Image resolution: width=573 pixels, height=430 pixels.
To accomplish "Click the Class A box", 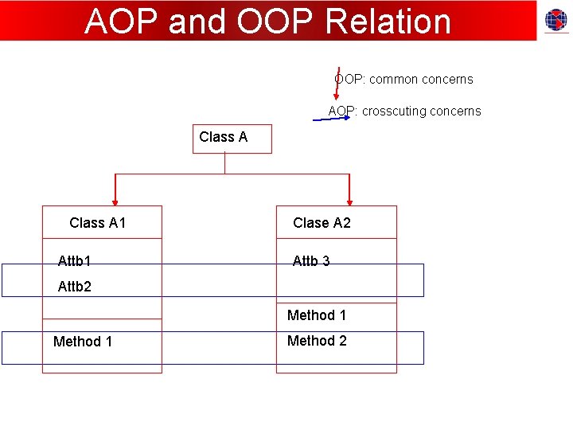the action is [x=232, y=139].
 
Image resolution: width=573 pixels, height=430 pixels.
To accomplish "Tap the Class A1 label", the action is [x=98, y=223].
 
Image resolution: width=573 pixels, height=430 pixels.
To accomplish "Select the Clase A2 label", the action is [x=322, y=223].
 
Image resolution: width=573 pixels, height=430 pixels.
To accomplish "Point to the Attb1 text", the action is [x=75, y=260].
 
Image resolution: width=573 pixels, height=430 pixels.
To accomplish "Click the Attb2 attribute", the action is [x=75, y=287].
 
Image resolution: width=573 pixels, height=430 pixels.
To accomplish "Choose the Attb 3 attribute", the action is [x=311, y=260].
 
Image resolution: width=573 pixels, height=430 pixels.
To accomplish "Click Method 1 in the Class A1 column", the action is [x=83, y=342].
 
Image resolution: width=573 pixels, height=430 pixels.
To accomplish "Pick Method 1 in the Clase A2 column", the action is [x=317, y=315].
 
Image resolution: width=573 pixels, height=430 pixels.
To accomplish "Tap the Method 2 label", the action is [x=317, y=341].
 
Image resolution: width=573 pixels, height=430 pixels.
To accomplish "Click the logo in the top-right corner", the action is [x=555, y=21].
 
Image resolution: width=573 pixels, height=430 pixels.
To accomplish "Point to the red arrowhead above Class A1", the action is [x=115, y=200].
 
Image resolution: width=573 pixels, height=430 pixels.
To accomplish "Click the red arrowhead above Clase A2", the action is [x=349, y=200].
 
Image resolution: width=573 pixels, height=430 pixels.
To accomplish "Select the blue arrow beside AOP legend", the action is [x=330, y=118].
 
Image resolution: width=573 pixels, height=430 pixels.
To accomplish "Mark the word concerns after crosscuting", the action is [x=455, y=111].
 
